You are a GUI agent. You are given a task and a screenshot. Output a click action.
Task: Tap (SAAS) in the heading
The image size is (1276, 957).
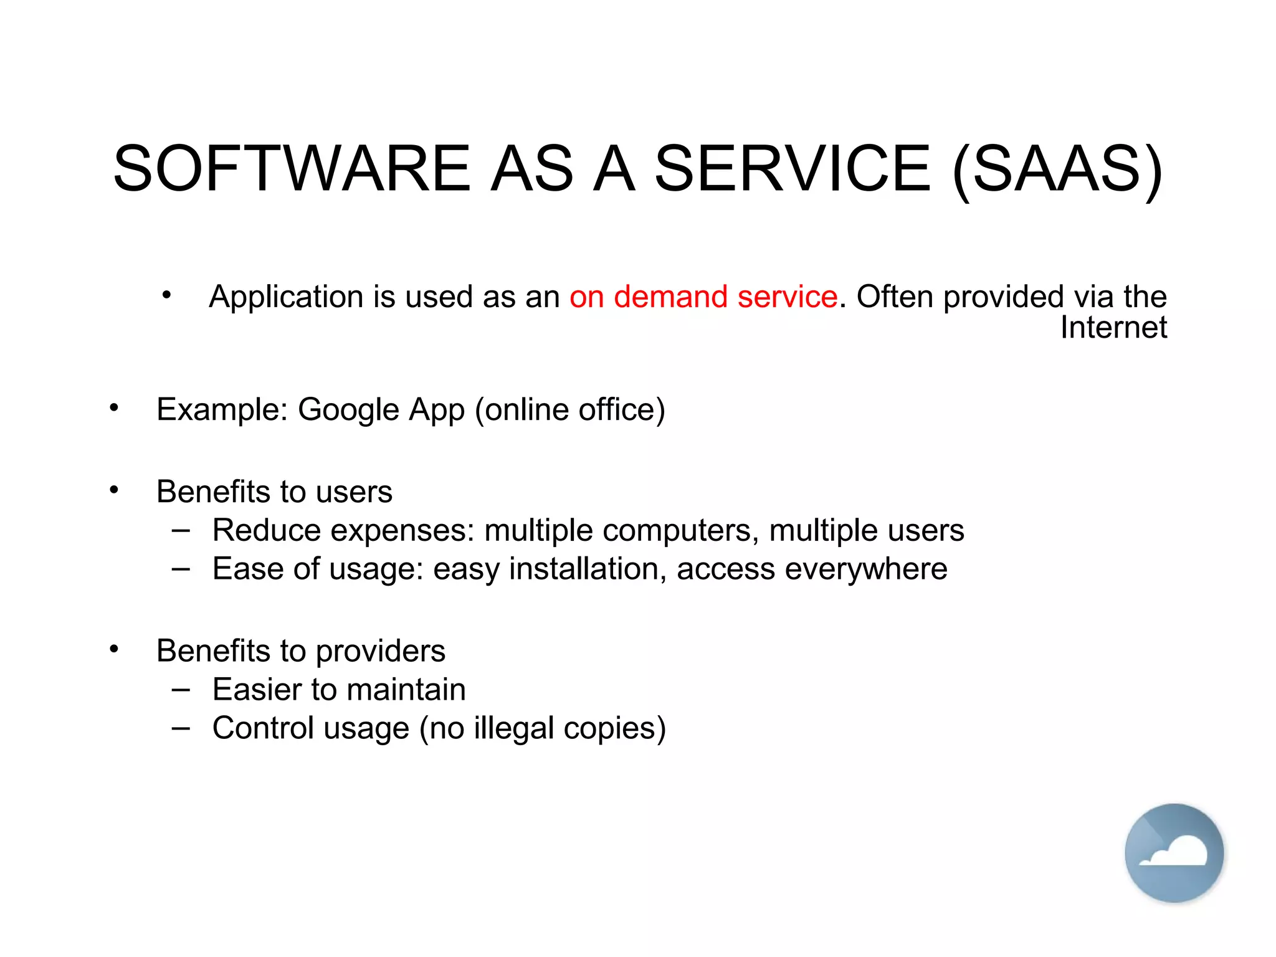(x=1057, y=169)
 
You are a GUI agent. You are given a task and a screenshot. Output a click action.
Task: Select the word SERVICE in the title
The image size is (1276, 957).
(x=793, y=169)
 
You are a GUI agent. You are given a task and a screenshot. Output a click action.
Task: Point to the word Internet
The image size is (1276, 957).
(x=1113, y=328)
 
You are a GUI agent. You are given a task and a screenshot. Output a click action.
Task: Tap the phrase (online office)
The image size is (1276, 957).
(x=570, y=410)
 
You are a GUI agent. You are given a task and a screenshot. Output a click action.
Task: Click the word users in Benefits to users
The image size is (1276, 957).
(x=354, y=492)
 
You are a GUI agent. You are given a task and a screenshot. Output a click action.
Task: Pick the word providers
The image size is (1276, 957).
(x=381, y=652)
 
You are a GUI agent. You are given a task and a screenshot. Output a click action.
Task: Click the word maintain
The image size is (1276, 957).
(x=406, y=690)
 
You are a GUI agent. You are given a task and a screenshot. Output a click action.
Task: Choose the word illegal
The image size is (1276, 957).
(x=513, y=728)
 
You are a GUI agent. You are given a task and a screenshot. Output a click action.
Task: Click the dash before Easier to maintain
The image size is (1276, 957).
(x=181, y=690)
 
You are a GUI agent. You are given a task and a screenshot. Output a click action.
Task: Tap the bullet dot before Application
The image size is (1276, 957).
(x=166, y=295)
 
